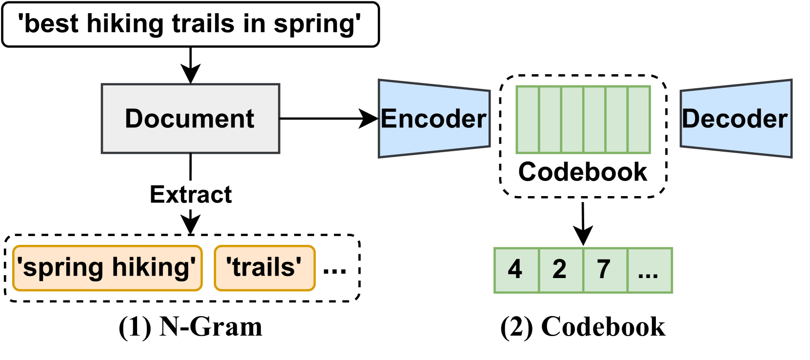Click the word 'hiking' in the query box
point(124,24)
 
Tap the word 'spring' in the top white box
point(315,24)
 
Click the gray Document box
point(190,119)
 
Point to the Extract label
point(190,195)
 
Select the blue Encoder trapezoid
point(434,119)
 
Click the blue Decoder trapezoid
point(735,119)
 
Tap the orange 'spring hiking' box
point(107,268)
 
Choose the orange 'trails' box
point(264,268)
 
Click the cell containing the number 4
point(516,270)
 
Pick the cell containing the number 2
point(560,270)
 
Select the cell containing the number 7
point(605,270)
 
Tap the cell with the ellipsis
point(649,270)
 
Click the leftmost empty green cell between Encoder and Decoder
point(528,120)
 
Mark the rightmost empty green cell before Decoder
point(639,120)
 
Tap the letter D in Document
point(134,119)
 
